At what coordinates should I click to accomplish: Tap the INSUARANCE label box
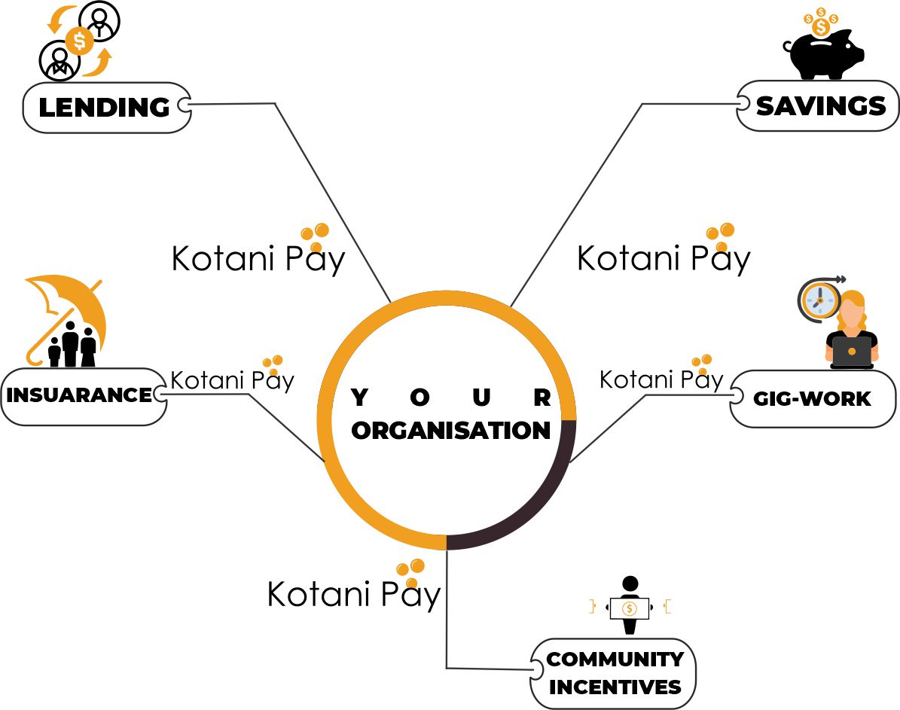point(79,395)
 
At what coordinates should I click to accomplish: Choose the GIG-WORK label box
point(812,399)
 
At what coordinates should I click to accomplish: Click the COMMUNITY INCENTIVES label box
point(614,673)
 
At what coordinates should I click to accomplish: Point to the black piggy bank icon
point(822,56)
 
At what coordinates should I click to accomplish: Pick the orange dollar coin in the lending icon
point(79,40)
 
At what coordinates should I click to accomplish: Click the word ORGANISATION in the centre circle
point(451,431)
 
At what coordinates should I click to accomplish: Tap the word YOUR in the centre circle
point(451,398)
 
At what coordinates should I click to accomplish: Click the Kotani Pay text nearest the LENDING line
point(258,258)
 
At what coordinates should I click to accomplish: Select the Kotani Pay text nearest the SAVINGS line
point(663,258)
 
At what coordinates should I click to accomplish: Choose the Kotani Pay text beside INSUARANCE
point(232,379)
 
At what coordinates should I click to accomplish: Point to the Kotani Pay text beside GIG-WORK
point(661,379)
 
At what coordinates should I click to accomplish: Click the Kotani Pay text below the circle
point(353,594)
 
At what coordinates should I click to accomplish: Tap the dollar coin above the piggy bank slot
point(821,27)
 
